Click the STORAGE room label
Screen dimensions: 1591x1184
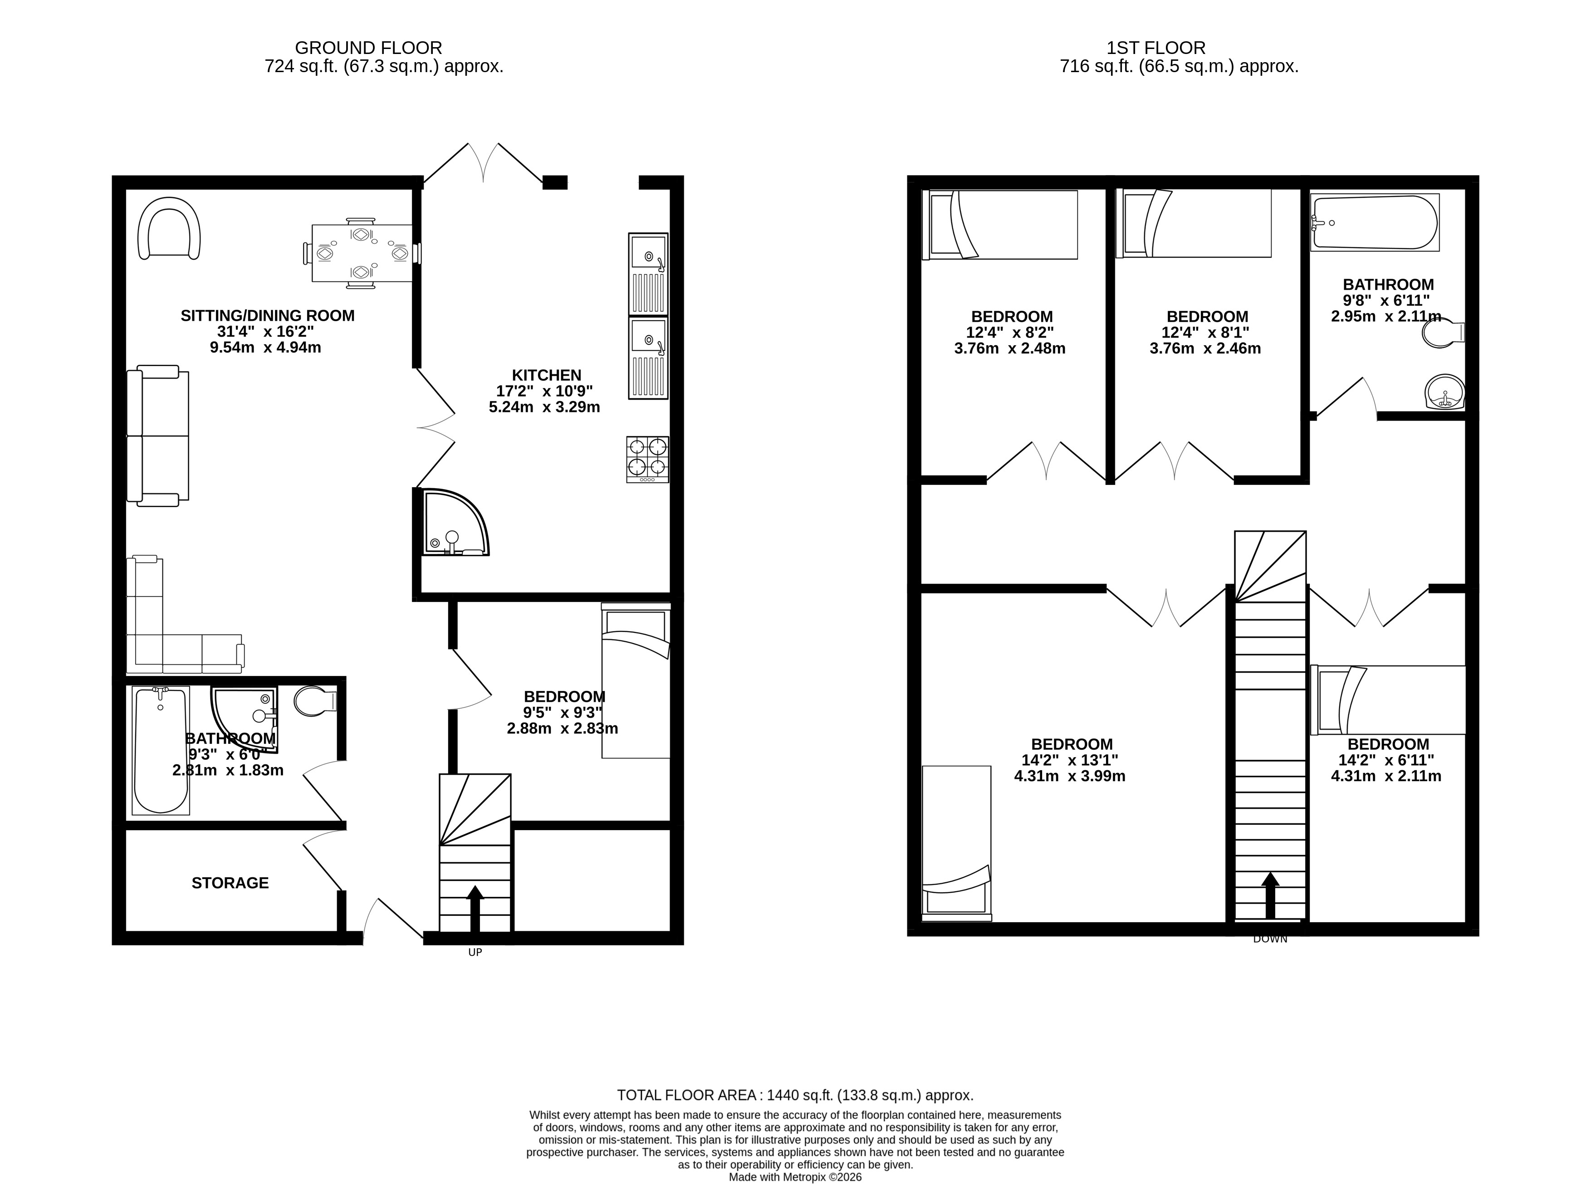pyautogui.click(x=230, y=883)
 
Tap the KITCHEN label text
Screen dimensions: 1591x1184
pyautogui.click(x=546, y=375)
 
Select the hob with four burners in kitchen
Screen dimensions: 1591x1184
pyautogui.click(x=647, y=460)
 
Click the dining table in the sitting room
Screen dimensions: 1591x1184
pyautogui.click(x=362, y=253)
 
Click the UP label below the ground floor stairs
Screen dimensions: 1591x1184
pyautogui.click(x=475, y=953)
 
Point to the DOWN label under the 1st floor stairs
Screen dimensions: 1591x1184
pyautogui.click(x=1270, y=939)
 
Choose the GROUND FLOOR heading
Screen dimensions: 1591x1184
pyautogui.click(x=368, y=48)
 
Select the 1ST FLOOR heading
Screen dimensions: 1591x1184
pyautogui.click(x=1156, y=48)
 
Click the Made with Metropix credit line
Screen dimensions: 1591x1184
pyautogui.click(x=796, y=1177)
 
